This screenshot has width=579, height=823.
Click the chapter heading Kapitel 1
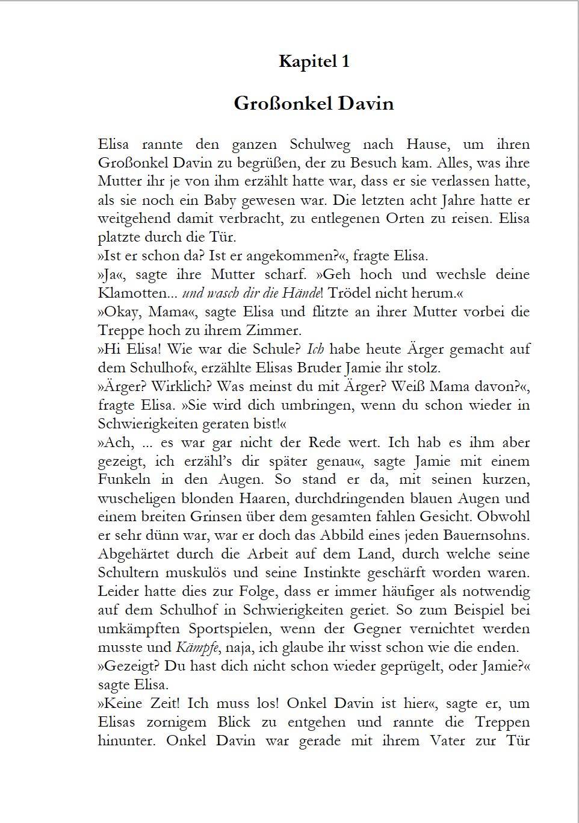pyautogui.click(x=314, y=61)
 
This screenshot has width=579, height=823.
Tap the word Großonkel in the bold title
pyautogui.click(x=283, y=104)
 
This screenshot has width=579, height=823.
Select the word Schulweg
pyautogui.click(x=320, y=145)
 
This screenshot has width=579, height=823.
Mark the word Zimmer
pyautogui.click(x=271, y=331)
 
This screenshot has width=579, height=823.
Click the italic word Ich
pyautogui.click(x=315, y=349)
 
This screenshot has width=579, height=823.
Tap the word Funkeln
pyautogui.click(x=125, y=480)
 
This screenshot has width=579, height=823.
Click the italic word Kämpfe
pyautogui.click(x=197, y=648)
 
